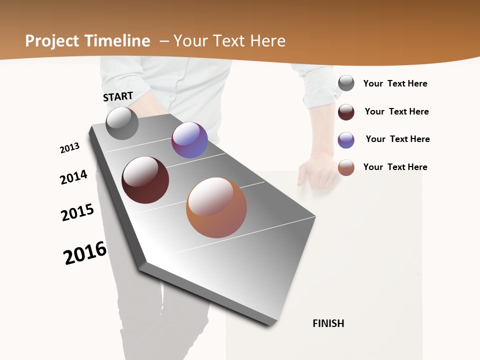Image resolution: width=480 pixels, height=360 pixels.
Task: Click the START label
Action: coord(118,96)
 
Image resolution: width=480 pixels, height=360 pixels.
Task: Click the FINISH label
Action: coord(328,323)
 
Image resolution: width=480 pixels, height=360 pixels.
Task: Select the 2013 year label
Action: coord(69,148)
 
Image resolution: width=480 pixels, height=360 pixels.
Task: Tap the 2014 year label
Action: coord(73,177)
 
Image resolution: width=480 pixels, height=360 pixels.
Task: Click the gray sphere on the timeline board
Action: coord(122,123)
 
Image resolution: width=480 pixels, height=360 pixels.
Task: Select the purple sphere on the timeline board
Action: coord(189,140)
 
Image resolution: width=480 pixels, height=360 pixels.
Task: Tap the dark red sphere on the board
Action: coord(145,180)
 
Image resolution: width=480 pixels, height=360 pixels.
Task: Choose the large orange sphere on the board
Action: coord(216,207)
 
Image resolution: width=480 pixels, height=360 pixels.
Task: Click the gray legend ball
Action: coord(346,83)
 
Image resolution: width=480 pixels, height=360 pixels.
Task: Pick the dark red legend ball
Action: coord(346,112)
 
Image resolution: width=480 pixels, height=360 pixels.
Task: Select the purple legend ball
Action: coord(346,140)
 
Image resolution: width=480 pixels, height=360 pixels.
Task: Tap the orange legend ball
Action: coord(346,167)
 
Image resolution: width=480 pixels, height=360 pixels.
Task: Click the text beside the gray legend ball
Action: coord(395,83)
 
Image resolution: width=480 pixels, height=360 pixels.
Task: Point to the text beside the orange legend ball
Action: coord(395,167)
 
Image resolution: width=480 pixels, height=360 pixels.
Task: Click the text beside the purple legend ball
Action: coord(397,139)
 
